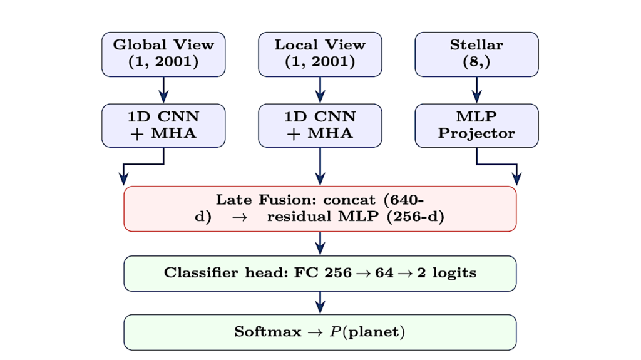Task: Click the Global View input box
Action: [163, 54]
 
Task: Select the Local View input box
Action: [320, 54]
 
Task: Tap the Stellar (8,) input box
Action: [476, 54]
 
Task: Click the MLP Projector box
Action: [476, 125]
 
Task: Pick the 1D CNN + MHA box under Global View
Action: [163, 125]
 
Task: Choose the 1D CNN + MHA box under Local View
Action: [320, 125]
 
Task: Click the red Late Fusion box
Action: [320, 208]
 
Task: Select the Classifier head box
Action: [320, 274]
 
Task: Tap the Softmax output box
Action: [320, 332]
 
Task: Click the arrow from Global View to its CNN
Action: [163, 90]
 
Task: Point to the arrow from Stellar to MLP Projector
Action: [476, 90]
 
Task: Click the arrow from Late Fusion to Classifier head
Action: [320, 244]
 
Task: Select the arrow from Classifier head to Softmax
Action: [320, 302]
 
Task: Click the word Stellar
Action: [476, 45]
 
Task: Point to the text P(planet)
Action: [367, 332]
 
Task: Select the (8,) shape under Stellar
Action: [476, 63]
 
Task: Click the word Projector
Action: [476, 134]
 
